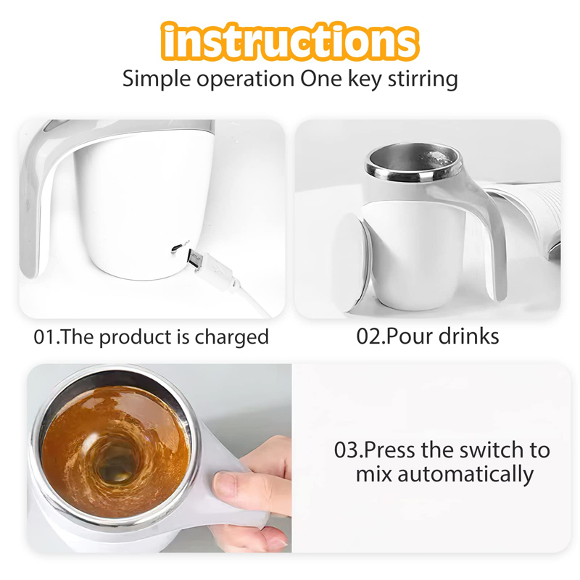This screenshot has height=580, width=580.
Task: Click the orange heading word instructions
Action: coord(290,41)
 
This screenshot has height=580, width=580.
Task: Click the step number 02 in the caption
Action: coord(368,336)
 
